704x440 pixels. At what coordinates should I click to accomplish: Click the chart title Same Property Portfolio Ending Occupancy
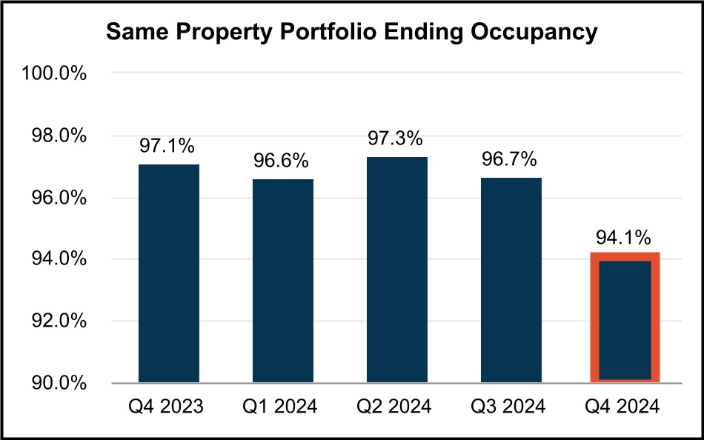[x=351, y=33]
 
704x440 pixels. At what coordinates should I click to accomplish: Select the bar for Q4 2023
[x=169, y=273]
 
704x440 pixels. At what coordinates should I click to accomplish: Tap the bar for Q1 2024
[x=282, y=281]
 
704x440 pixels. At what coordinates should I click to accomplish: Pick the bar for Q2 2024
[x=396, y=270]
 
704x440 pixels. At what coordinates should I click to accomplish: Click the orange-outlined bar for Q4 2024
[x=624, y=319]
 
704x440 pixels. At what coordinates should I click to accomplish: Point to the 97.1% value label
[x=169, y=147]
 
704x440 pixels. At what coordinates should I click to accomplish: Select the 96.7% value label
[x=510, y=160]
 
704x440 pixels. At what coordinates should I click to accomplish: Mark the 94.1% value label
[x=624, y=238]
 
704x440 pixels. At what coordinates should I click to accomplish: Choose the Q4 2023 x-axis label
[x=169, y=407]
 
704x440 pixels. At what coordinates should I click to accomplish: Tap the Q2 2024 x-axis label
[x=396, y=407]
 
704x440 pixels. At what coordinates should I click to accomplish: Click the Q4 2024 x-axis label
[x=624, y=407]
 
